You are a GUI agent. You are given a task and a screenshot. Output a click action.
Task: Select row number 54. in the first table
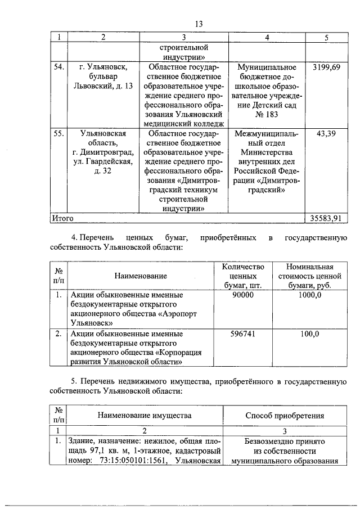pyautogui.click(x=58, y=67)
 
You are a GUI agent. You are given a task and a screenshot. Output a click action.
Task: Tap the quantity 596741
pyautogui.click(x=242, y=334)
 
